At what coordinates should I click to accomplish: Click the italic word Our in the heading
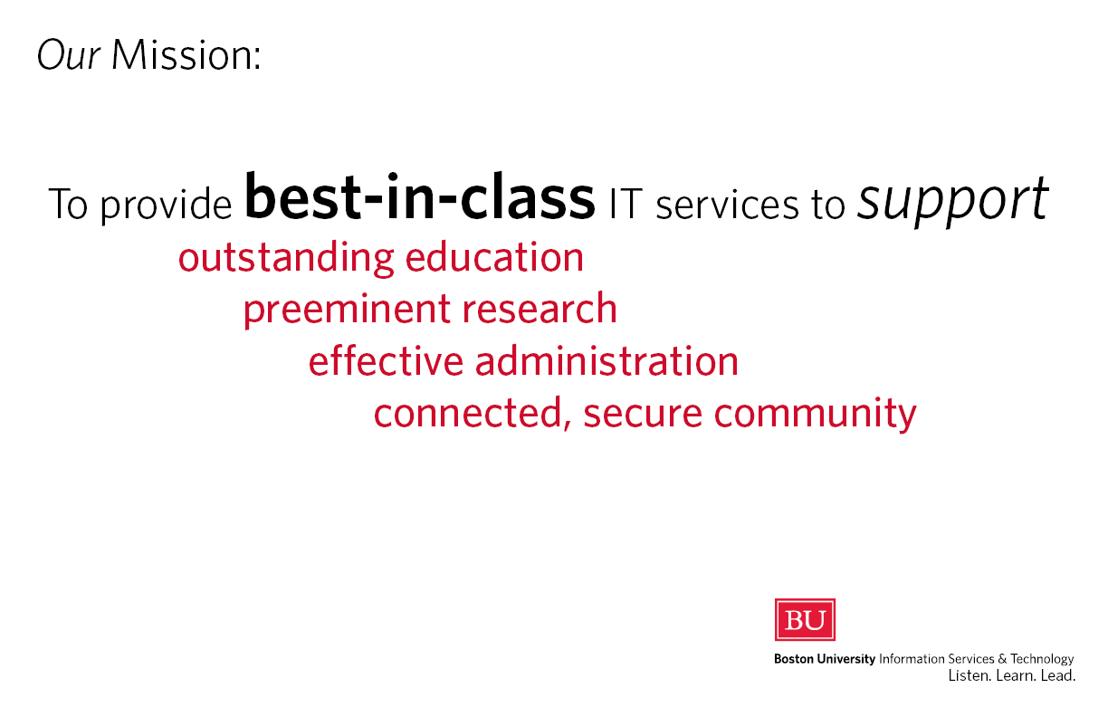click(69, 54)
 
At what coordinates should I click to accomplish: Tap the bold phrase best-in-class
click(420, 196)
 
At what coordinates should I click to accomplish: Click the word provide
click(167, 204)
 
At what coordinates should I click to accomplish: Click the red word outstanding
click(286, 258)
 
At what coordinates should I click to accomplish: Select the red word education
click(494, 257)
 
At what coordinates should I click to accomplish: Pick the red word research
click(540, 309)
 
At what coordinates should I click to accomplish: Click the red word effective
click(386, 359)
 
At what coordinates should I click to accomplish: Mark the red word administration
click(607, 359)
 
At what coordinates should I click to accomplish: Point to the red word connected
click(473, 413)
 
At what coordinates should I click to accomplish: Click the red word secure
click(643, 414)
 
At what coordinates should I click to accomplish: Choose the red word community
click(816, 414)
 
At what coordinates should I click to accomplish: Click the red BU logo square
click(805, 619)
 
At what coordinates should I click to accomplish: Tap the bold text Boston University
click(825, 659)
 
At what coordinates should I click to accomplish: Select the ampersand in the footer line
click(1002, 659)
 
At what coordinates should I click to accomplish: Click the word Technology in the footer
click(1042, 659)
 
